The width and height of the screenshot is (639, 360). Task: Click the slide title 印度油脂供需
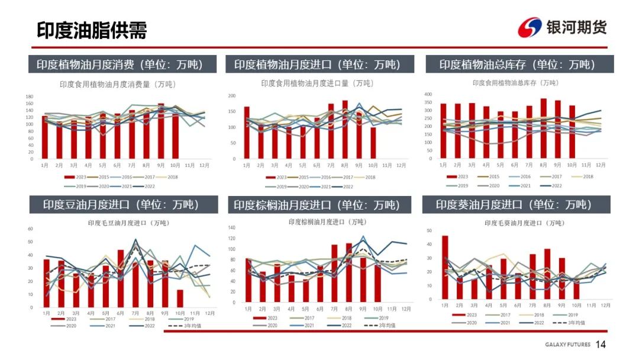[92, 30]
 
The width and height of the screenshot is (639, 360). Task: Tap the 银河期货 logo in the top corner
[561, 27]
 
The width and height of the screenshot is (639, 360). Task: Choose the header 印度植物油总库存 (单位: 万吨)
[517, 65]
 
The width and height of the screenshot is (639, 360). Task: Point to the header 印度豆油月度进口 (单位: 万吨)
[121, 205]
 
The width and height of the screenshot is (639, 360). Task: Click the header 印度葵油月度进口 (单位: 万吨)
[514, 205]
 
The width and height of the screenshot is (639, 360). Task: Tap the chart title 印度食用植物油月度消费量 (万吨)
[117, 85]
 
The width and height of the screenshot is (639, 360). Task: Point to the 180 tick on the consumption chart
[29, 97]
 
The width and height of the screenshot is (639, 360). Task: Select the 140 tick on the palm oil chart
[232, 228]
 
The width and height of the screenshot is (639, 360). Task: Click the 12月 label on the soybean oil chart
[209, 313]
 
